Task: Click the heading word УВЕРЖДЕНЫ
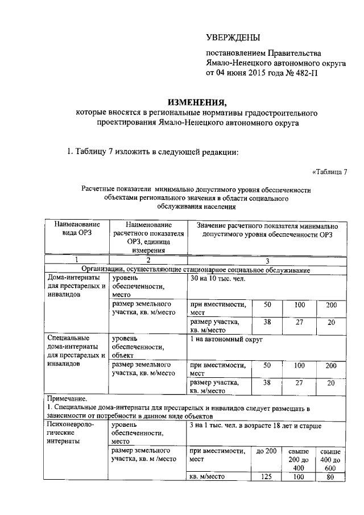pos(232,38)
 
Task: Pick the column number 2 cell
pos(148,260)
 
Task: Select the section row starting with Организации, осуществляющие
pos(196,269)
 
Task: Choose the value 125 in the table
pos(266,477)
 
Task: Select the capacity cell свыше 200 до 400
pos(297,459)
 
